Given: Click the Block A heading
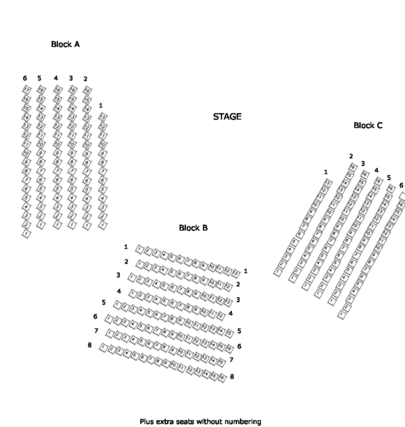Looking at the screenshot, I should [x=65, y=44].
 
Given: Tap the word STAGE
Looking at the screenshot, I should [x=227, y=117].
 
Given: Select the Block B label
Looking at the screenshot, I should [x=193, y=228].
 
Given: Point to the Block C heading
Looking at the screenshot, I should [x=368, y=125].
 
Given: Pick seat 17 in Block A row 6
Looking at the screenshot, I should [x=26, y=90].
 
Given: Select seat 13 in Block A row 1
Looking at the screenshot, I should [x=102, y=117].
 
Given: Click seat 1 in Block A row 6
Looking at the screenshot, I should [x=26, y=234].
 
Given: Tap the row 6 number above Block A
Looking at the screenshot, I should [x=25, y=78].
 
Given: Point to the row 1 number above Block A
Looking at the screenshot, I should [x=100, y=105].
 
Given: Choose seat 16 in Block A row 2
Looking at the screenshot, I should [x=87, y=91].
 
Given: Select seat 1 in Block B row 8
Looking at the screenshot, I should [x=103, y=348].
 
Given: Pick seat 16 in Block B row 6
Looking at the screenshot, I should [x=229, y=348].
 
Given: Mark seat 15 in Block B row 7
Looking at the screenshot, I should [x=221, y=362].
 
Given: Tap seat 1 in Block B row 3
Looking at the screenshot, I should [x=132, y=278].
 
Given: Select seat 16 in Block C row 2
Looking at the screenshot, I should [x=353, y=167].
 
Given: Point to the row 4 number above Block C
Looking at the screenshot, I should [x=376, y=170].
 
